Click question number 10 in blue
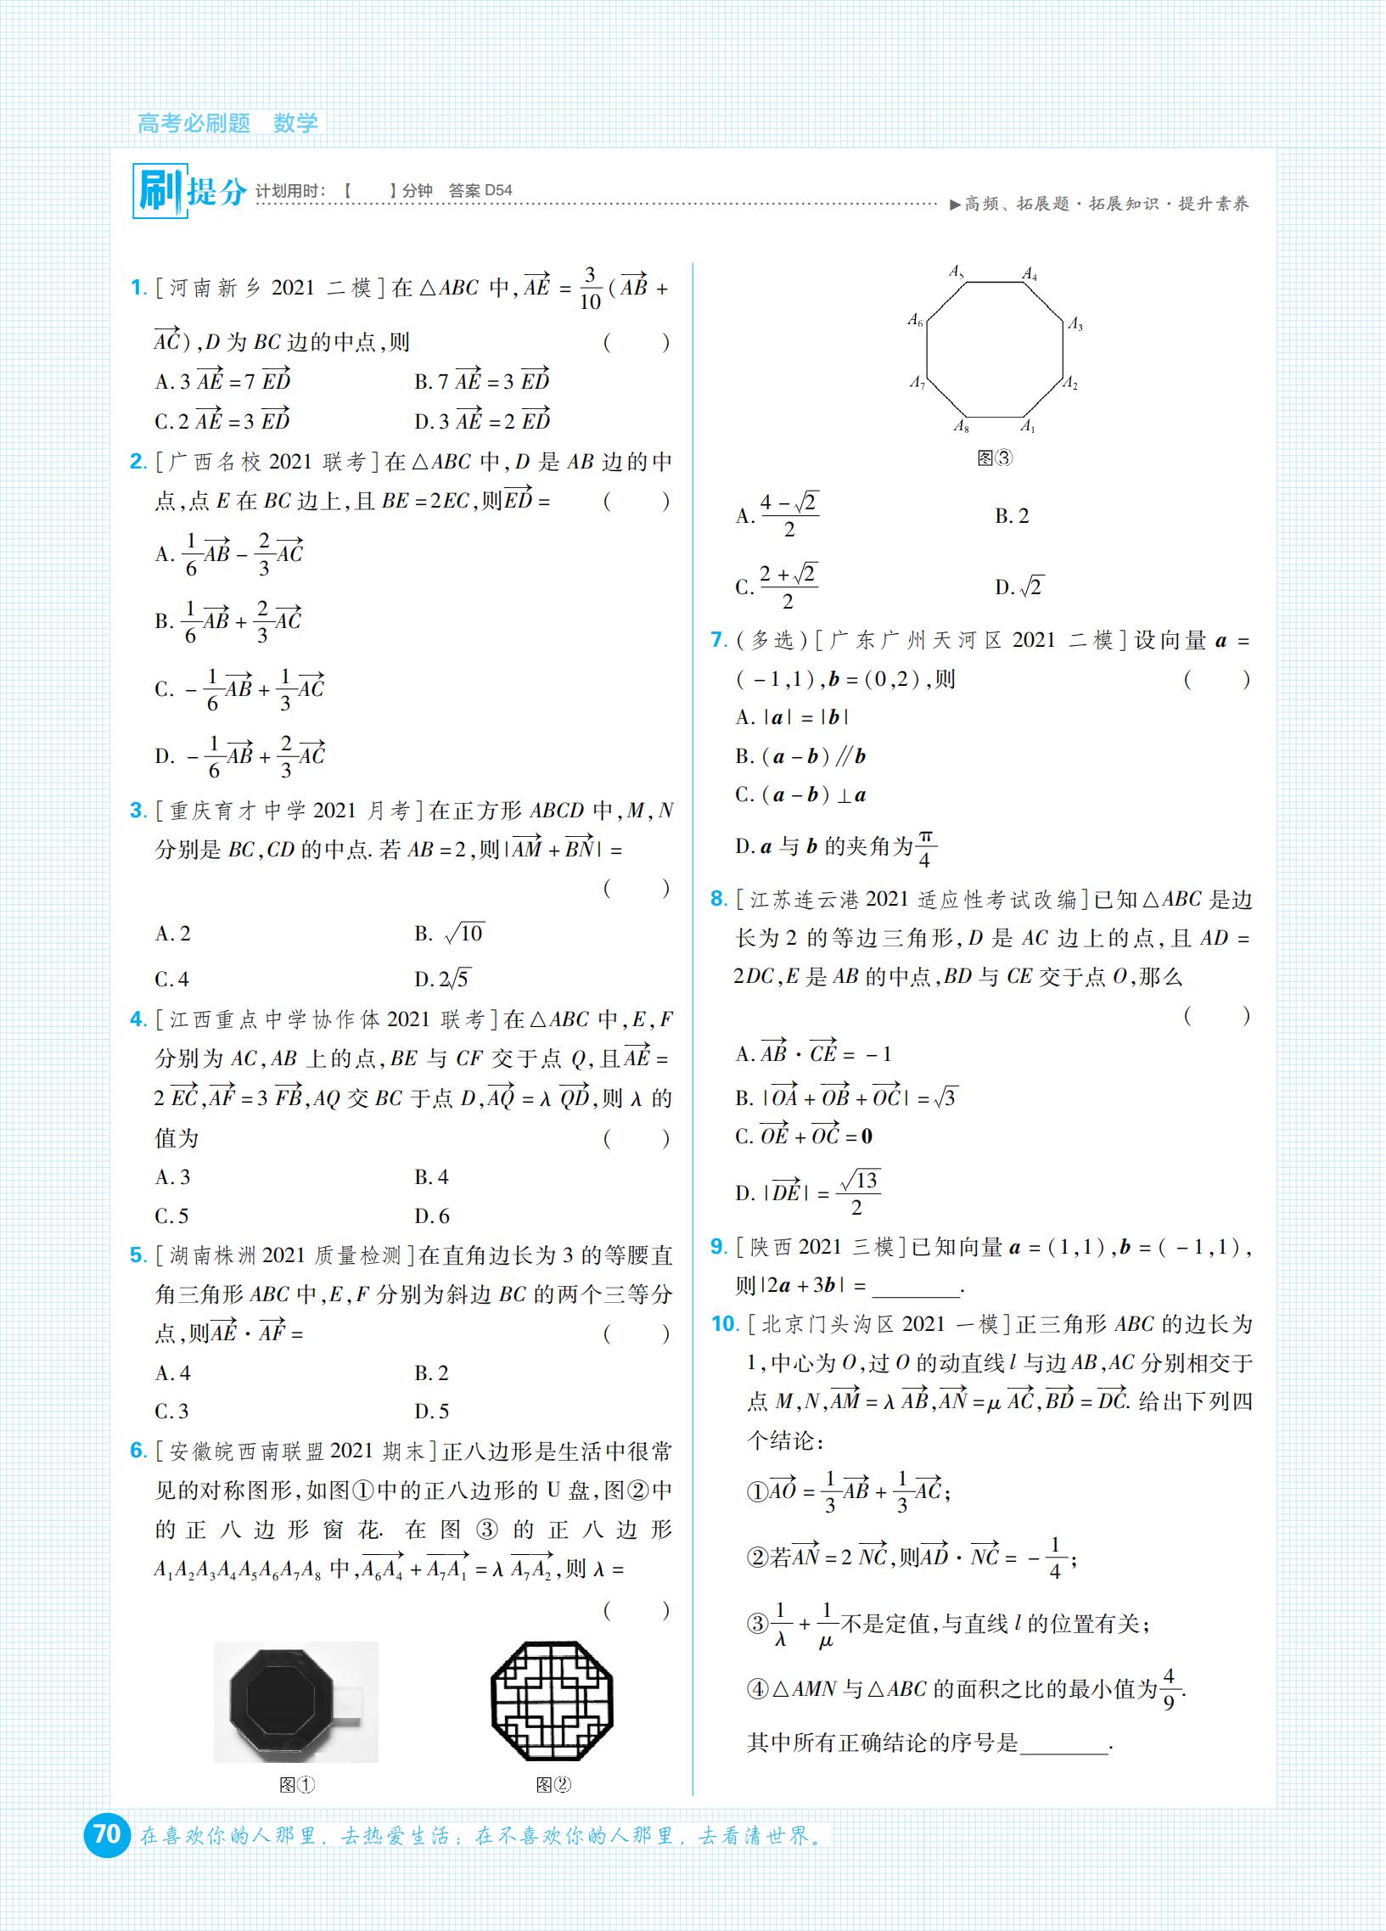point(725,1324)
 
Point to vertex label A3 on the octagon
point(1075,323)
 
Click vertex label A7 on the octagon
point(916,383)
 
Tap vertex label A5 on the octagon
point(957,272)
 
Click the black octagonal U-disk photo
point(295,1701)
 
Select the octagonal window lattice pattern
point(552,1701)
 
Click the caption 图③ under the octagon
point(994,458)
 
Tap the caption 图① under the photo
point(297,1784)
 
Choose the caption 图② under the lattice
point(553,1784)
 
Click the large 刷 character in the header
point(160,191)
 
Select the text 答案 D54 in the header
point(480,191)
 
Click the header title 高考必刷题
point(194,123)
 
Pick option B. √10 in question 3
point(450,933)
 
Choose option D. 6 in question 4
point(432,1215)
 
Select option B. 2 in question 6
point(1012,516)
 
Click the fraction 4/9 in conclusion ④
point(1169,1689)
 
